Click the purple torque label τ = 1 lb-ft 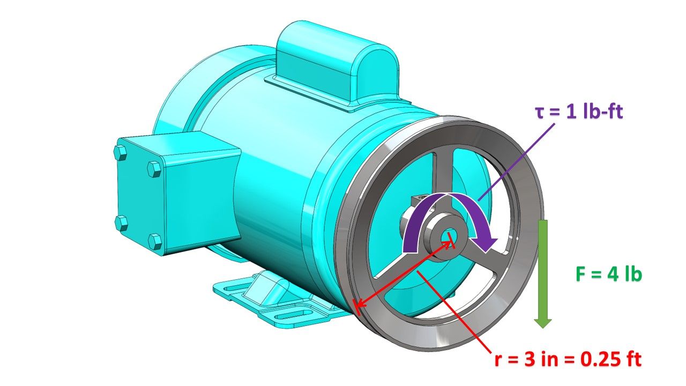579,113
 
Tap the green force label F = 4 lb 608,274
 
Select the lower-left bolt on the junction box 122,221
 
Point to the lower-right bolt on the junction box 155,241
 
